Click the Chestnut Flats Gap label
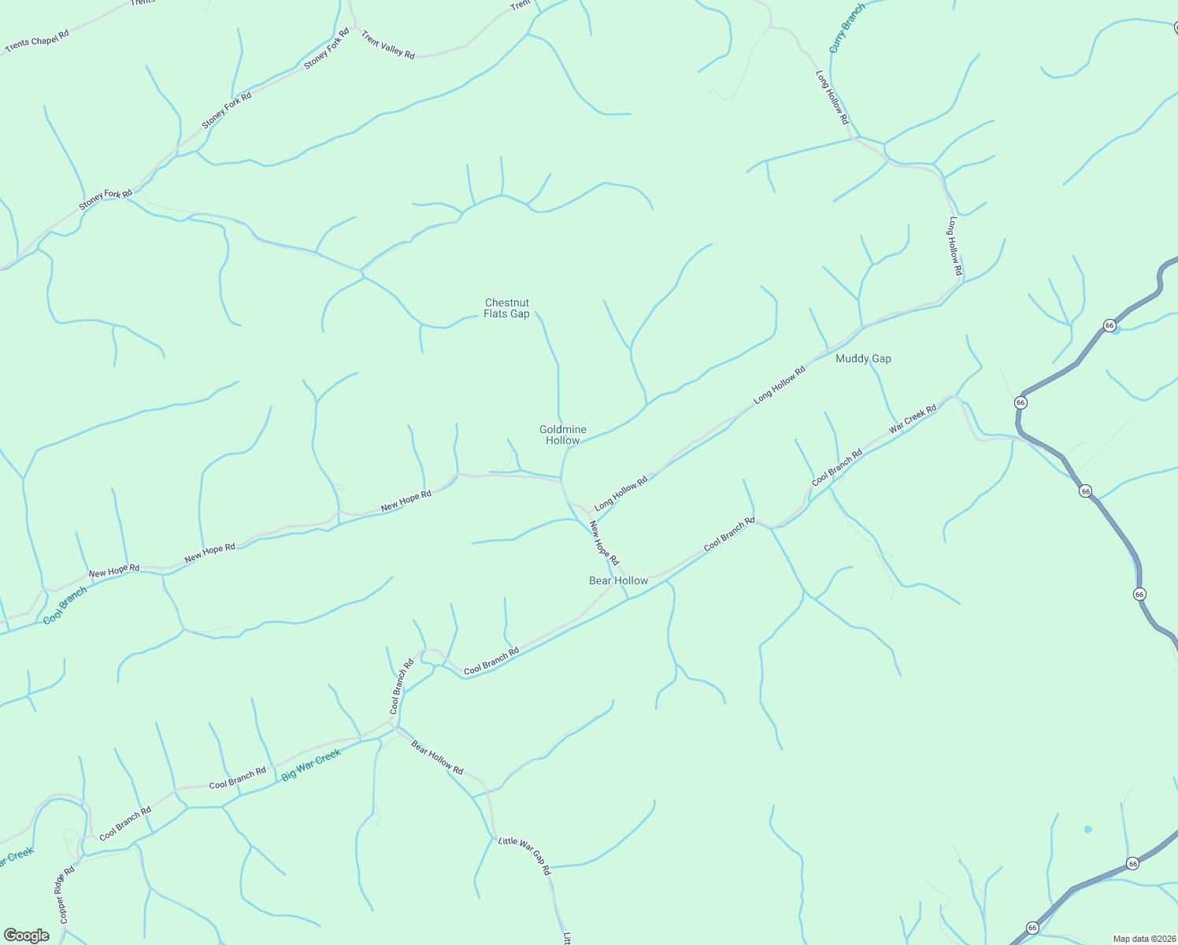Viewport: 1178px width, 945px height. tap(506, 308)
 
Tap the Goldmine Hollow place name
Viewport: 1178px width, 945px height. tap(562, 435)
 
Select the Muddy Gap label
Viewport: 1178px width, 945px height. tap(863, 358)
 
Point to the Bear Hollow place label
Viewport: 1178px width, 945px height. tap(619, 580)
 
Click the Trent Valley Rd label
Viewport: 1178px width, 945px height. tap(387, 45)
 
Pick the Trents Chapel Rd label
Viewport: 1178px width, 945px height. tap(37, 42)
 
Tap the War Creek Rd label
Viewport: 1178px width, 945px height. tap(913, 419)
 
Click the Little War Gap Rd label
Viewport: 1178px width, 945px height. tap(524, 856)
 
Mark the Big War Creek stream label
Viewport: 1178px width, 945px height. tap(311, 765)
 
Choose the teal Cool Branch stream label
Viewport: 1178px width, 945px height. tap(65, 606)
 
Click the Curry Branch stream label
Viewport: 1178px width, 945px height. tap(846, 28)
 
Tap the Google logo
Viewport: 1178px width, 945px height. tap(27, 936)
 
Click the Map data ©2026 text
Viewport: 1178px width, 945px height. tap(1143, 939)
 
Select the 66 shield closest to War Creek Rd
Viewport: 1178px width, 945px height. tap(1021, 402)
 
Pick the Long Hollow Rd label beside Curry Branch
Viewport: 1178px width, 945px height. tap(832, 98)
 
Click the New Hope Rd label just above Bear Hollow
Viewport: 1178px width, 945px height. tap(604, 543)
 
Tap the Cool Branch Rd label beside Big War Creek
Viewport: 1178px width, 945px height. tap(238, 778)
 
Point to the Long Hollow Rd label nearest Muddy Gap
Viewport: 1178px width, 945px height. tap(779, 386)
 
